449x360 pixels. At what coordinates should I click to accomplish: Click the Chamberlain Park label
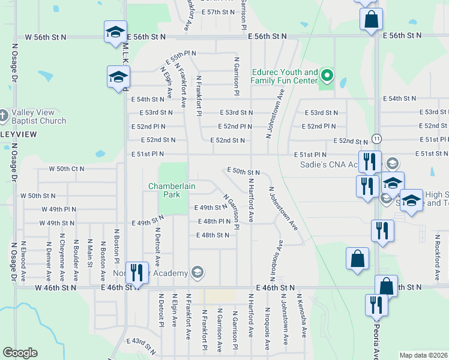pyautogui.click(x=172, y=190)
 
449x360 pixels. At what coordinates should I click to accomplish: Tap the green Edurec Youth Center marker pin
pyautogui.click(x=327, y=76)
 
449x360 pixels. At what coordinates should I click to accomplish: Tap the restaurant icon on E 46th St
pyautogui.click(x=137, y=273)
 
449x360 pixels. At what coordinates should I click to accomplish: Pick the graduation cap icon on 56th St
pyautogui.click(x=115, y=32)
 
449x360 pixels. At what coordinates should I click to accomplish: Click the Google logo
pyautogui.click(x=20, y=353)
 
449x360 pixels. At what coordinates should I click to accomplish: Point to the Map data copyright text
pyautogui.click(x=423, y=355)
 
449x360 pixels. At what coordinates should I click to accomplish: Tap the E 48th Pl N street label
pyautogui.click(x=214, y=221)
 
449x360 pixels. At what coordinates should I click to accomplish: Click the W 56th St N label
pyautogui.click(x=46, y=37)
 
